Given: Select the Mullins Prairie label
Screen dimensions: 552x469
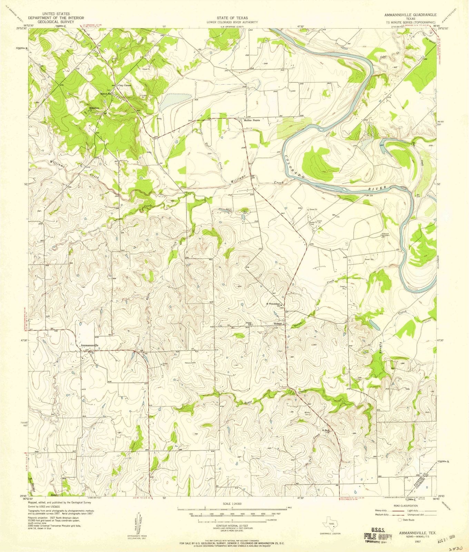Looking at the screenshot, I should click(255, 120).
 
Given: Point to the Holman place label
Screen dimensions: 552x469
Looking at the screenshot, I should click(278, 324).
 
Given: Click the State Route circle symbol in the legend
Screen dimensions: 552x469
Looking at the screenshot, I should click(400, 520).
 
